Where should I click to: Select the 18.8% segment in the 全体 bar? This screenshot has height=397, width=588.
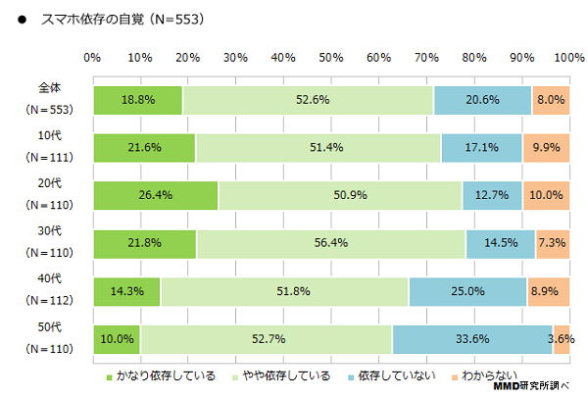point(137,99)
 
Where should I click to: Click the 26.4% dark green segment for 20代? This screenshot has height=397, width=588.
point(156,194)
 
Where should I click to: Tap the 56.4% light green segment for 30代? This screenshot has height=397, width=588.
point(331,242)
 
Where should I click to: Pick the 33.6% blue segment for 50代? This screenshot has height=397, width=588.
point(472,338)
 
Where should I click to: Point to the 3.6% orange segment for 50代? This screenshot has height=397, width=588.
point(562,338)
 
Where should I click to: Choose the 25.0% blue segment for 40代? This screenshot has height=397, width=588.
point(467,290)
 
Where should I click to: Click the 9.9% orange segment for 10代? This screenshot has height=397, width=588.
point(547,147)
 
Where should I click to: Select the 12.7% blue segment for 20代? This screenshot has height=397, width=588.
point(492,194)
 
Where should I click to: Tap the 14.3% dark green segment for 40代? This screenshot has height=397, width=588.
point(126,290)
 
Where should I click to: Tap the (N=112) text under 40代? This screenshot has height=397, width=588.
point(46,300)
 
